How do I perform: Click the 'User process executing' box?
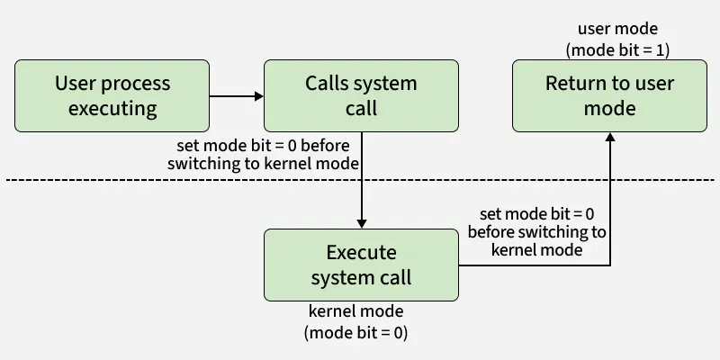click(x=112, y=96)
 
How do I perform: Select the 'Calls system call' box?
click(x=361, y=96)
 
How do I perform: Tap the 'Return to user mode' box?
click(x=610, y=96)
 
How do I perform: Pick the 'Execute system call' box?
click(x=361, y=265)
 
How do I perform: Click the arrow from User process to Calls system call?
click(x=234, y=96)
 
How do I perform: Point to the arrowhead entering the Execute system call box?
click(x=361, y=222)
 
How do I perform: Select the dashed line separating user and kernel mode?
click(x=180, y=181)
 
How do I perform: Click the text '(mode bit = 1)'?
click(x=617, y=49)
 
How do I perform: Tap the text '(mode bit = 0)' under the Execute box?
click(x=355, y=332)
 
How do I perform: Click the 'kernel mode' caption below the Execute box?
click(x=355, y=311)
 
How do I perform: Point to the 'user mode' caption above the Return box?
click(x=617, y=29)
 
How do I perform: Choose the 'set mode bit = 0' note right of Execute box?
click(x=536, y=214)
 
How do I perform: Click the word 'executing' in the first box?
click(x=112, y=109)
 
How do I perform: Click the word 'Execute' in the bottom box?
click(x=361, y=252)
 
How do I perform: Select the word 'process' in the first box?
click(x=135, y=84)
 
